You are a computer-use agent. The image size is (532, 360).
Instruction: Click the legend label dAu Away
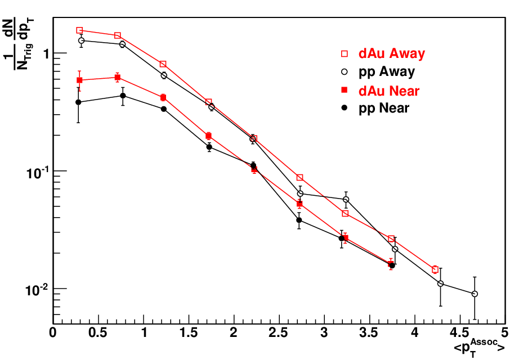pos(391,53)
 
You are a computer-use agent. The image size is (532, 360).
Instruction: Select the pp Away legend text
pos(386,72)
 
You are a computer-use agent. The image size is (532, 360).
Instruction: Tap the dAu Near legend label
pos(389,91)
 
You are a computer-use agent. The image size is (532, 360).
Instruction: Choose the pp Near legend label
pos(384,108)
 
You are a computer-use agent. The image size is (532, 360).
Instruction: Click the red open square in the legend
pos(345,53)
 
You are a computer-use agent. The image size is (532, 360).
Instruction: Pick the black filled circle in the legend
pos(345,108)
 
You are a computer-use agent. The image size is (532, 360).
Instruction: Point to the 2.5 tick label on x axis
pos(279,332)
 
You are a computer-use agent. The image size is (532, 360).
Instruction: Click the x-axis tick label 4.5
pos(459,332)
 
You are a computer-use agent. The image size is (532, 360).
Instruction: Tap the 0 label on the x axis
pos(53,332)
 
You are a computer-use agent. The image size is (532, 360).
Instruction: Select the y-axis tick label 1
pos(47,53)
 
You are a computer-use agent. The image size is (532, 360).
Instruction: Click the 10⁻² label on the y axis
pos(36,290)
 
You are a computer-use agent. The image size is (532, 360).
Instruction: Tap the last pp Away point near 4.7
pos(475,294)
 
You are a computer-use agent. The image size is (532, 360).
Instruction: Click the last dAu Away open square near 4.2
pos(435,270)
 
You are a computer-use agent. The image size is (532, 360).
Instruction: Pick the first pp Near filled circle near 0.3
pos(78,102)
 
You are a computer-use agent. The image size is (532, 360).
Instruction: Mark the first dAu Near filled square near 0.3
pos(79,80)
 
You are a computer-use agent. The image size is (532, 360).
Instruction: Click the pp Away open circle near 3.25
pos(346,199)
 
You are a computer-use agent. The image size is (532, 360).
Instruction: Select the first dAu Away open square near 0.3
pos(79,30)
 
